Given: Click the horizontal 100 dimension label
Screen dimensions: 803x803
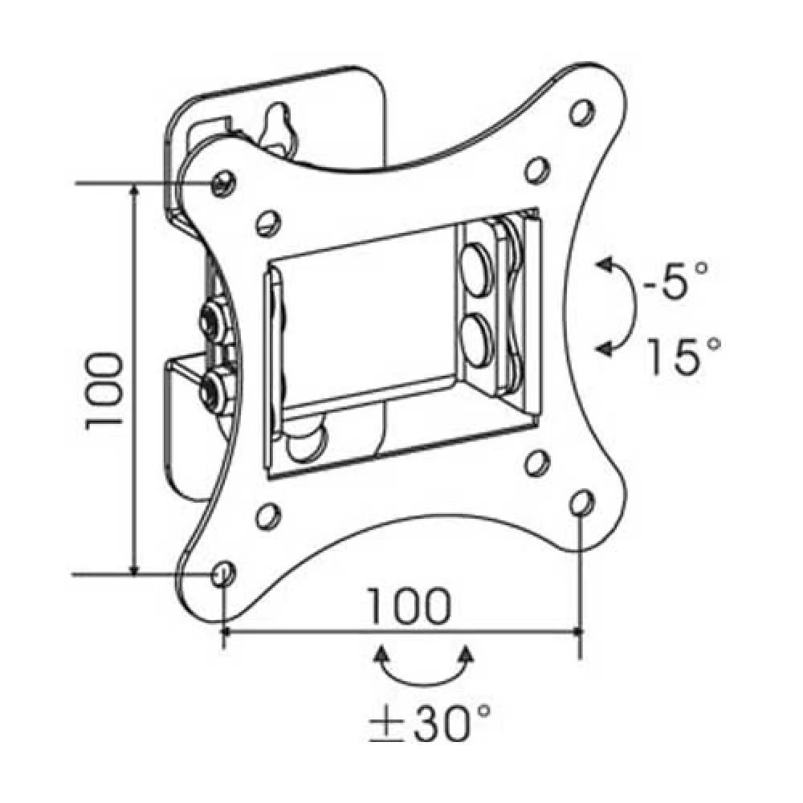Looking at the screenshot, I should tap(410, 607).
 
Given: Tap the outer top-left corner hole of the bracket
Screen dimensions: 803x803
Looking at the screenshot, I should tap(223, 182).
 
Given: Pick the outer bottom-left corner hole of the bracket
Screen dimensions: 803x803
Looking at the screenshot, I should tap(222, 573).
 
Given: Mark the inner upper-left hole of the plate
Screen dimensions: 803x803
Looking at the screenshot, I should tap(268, 222).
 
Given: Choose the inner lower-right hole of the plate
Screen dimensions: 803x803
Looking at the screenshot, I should tap(534, 463).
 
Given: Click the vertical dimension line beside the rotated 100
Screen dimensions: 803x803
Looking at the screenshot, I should tap(134, 377).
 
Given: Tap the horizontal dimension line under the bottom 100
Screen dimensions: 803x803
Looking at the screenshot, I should tap(401, 632).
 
